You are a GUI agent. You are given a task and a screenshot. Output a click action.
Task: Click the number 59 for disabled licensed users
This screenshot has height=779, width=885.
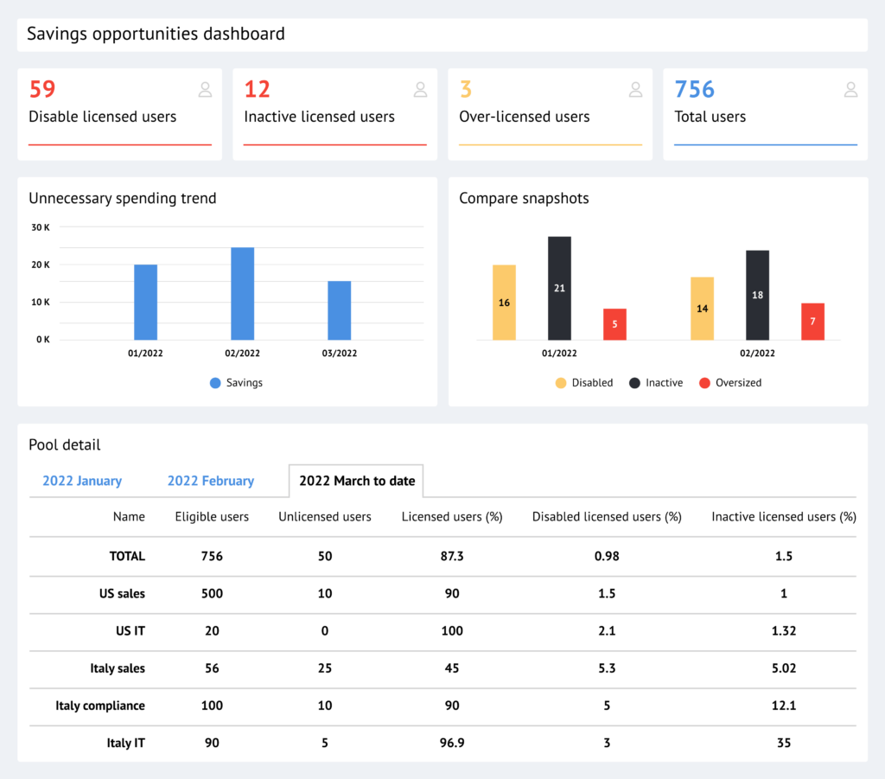tap(42, 90)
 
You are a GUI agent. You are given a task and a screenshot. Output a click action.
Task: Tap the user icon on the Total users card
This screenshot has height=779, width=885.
tap(850, 89)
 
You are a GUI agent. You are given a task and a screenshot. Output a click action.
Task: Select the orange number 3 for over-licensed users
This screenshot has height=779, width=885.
tap(466, 90)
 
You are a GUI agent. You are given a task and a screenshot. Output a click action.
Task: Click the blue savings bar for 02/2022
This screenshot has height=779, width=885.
tap(242, 294)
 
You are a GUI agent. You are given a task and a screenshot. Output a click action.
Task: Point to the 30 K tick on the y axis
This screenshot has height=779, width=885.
tap(41, 227)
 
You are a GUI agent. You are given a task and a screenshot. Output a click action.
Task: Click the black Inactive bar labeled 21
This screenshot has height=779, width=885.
tap(559, 288)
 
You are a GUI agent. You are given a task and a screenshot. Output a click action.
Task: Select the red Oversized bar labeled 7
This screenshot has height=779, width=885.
tap(812, 321)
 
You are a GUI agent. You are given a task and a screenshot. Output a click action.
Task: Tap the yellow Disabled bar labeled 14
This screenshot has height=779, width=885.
tap(702, 309)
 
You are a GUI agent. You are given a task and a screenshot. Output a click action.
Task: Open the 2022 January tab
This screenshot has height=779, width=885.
tap(82, 481)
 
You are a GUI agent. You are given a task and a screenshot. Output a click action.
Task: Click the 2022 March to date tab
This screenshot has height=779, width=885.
tap(356, 481)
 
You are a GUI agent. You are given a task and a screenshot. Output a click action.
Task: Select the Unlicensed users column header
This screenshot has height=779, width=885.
tap(325, 517)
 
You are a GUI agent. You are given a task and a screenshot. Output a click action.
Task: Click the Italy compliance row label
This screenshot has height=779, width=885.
tap(100, 706)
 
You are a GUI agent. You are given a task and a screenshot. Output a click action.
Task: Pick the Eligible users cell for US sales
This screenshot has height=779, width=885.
tap(212, 594)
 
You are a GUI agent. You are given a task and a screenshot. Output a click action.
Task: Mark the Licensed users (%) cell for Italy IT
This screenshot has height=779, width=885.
tap(452, 743)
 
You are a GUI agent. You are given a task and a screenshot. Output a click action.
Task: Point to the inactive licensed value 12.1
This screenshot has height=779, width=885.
tap(784, 706)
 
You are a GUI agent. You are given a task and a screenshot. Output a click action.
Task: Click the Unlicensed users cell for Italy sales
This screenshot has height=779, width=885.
tap(325, 668)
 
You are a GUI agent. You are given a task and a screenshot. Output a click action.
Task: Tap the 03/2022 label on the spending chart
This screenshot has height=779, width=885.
tap(339, 354)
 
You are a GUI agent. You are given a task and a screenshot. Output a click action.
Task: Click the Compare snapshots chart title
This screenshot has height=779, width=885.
tap(524, 199)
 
